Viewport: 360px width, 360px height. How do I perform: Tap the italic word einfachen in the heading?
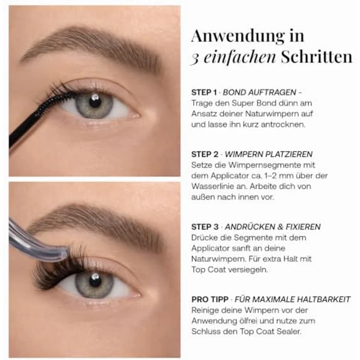pos(240,57)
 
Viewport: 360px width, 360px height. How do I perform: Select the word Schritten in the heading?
pos(316,57)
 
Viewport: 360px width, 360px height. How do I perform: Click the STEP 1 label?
pos(204,92)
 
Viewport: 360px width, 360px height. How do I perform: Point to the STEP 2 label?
pos(204,154)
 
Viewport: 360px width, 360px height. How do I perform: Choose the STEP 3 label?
pos(204,227)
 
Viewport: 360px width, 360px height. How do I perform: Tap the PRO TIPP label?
pos(210,299)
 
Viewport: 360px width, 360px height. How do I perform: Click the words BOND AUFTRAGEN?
pos(259,92)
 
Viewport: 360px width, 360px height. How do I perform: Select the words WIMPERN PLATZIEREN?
pos(269,154)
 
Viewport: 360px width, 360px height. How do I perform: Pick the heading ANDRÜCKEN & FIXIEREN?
pos(273,227)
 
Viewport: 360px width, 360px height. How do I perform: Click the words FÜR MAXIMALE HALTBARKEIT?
pos(292,299)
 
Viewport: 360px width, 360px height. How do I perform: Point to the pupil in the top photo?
pos(95,101)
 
